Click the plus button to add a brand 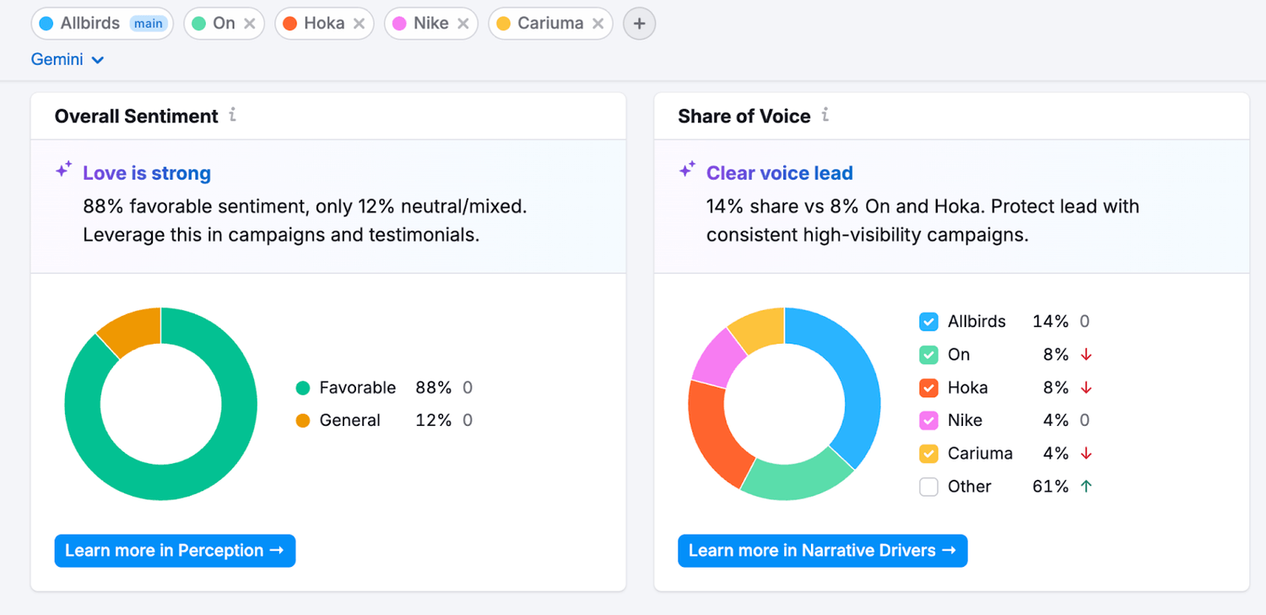639,24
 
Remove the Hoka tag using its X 359,24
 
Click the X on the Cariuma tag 598,24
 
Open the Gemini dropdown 68,60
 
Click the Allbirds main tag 102,24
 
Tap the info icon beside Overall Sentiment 233,115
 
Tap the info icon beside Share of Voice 825,115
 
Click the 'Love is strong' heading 147,173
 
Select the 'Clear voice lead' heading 779,173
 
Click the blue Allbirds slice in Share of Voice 848,372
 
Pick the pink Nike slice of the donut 716,355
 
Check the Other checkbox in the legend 928,487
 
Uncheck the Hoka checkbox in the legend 928,388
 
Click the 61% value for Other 1050,487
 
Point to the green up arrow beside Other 1085,487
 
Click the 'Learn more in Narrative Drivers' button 822,551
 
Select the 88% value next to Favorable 433,388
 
